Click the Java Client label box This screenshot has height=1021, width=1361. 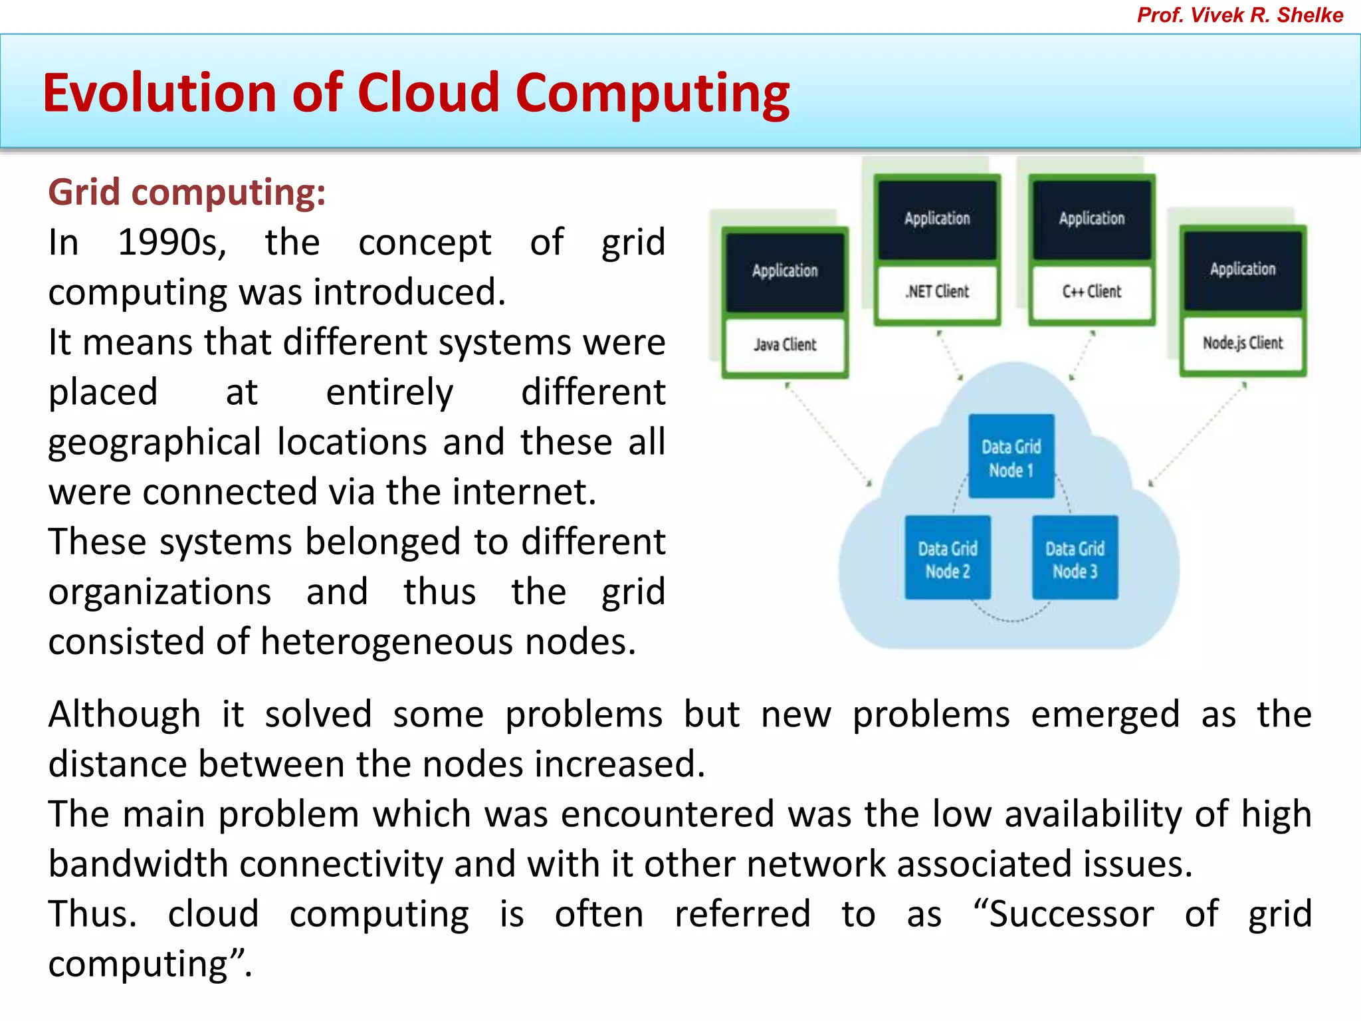pyautogui.click(x=785, y=345)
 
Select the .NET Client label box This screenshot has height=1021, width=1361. pyautogui.click(x=937, y=292)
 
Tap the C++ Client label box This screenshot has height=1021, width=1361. pyautogui.click(x=1091, y=292)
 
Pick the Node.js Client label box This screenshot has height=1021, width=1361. pyautogui.click(x=1242, y=343)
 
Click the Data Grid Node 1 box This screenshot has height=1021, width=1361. pyautogui.click(x=1011, y=457)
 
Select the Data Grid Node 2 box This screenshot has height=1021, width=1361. pyautogui.click(x=948, y=559)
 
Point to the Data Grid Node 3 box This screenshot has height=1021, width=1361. pyautogui.click(x=1075, y=559)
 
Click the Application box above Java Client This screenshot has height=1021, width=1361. pyautogui.click(x=785, y=271)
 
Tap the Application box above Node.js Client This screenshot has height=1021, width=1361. pyautogui.click(x=1242, y=269)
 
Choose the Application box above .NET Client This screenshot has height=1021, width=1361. pyautogui.click(x=937, y=219)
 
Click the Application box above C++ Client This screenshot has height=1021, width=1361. pyautogui.click(x=1091, y=219)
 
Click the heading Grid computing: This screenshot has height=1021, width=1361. pyautogui.click(x=187, y=193)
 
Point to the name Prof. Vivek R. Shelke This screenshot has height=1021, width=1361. pyautogui.click(x=1239, y=15)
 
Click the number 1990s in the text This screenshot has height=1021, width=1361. pyautogui.click(x=171, y=243)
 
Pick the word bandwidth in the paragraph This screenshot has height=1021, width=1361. pyautogui.click(x=138, y=864)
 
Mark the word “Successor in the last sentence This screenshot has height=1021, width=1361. pyautogui.click(x=1064, y=914)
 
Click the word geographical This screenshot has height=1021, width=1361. pyautogui.click(x=154, y=443)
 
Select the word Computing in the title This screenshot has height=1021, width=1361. pyautogui.click(x=652, y=92)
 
